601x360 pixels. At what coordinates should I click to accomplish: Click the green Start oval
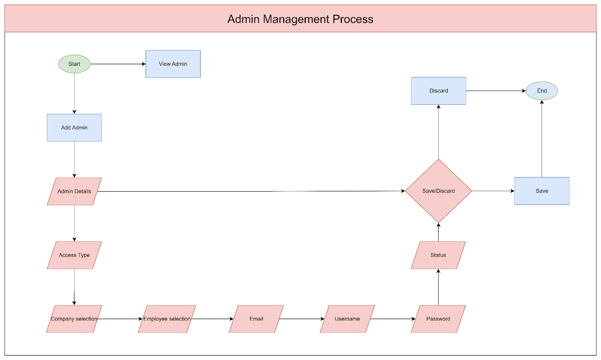click(x=74, y=64)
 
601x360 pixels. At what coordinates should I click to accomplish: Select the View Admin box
click(x=173, y=64)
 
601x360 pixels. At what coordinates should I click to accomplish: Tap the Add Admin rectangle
click(x=74, y=127)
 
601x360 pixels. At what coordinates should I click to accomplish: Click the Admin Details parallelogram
click(x=74, y=191)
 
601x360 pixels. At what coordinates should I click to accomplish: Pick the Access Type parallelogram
click(x=74, y=255)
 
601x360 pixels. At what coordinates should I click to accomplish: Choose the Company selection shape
click(x=74, y=319)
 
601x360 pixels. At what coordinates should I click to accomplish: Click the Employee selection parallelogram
click(x=167, y=319)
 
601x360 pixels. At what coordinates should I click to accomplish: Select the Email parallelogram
click(x=256, y=319)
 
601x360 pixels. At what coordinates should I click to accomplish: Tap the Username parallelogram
click(x=347, y=319)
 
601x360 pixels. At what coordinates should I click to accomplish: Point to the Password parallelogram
click(x=438, y=319)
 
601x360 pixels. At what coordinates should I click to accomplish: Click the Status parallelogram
click(x=438, y=255)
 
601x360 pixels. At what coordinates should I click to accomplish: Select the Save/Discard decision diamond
click(x=438, y=191)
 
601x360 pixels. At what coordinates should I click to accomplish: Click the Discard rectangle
click(x=438, y=91)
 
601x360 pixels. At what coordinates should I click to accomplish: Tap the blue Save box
click(x=542, y=191)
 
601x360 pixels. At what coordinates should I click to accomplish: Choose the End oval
click(x=542, y=91)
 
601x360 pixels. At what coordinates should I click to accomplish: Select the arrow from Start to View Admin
click(x=118, y=64)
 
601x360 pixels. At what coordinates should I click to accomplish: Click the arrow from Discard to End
click(x=496, y=91)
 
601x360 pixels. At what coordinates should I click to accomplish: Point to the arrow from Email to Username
click(x=302, y=319)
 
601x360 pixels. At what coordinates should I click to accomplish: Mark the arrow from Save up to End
click(x=542, y=139)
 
